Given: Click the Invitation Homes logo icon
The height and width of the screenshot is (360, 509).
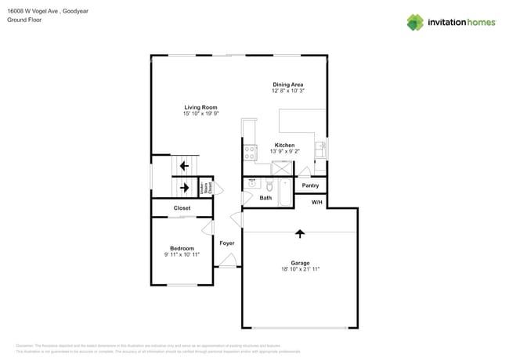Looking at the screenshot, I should pos(414,23).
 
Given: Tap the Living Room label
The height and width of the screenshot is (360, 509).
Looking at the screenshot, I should pos(200,107).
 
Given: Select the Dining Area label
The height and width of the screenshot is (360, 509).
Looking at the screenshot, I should pos(287,85).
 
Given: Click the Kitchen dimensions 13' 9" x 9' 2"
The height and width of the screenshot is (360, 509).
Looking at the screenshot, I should pos(283,152).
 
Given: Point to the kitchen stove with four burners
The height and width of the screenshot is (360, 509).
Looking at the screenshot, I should pos(250,152).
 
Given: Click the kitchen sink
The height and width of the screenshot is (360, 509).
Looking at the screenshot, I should pos(319,149).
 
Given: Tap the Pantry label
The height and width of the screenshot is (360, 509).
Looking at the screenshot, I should pos(310,185).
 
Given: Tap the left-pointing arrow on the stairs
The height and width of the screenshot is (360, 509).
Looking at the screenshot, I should pos(184,166).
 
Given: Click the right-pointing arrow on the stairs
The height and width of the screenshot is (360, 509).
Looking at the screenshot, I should pos(184,187).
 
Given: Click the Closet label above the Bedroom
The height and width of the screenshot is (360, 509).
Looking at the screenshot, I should pos(182,208).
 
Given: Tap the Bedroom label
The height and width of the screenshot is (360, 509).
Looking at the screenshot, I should pos(182,248).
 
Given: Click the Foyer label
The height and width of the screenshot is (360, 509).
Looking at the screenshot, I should pos(226,243).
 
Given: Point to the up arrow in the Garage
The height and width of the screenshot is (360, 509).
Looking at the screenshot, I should pos(299,233).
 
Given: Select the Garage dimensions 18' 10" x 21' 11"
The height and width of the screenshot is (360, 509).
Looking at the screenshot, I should pos(299,268).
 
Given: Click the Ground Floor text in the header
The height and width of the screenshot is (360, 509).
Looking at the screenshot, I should pos(23,20).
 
